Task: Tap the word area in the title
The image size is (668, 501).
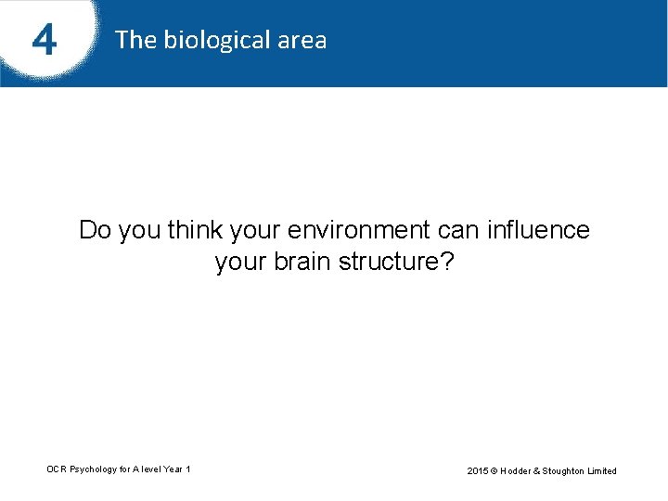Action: (302, 40)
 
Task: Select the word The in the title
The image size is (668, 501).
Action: (136, 40)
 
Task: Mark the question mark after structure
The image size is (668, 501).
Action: (446, 263)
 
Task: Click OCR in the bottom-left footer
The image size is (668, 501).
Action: (57, 469)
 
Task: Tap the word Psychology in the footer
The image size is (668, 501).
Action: (93, 469)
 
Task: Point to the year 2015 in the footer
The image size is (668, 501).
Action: (478, 470)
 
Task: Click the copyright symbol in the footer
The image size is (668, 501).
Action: (496, 470)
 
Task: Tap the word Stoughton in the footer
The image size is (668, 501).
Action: (568, 470)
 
